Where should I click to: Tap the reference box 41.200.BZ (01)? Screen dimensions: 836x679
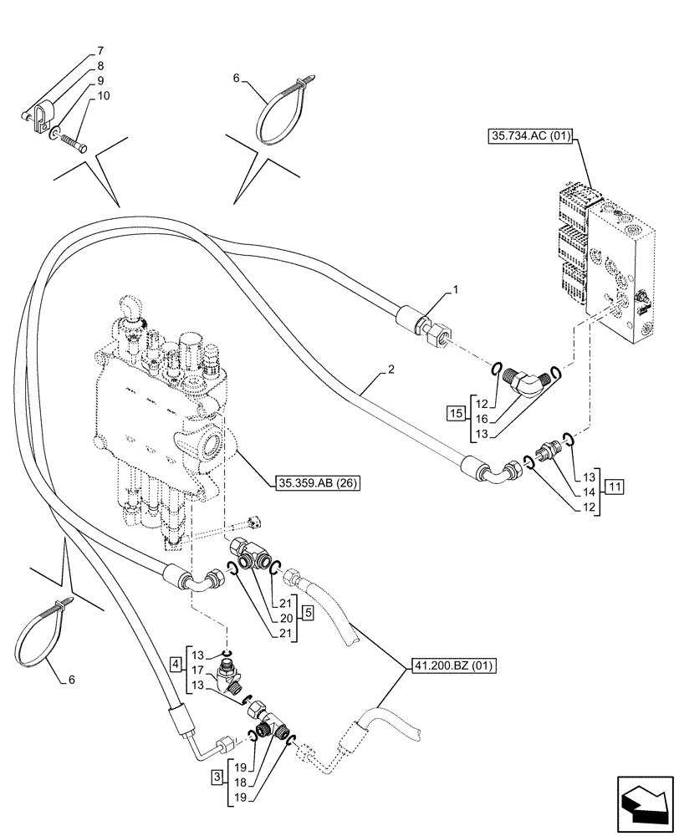coord(453,665)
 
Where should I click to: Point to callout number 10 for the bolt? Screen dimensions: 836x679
coord(103,97)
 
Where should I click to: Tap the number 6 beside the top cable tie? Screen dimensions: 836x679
coord(237,78)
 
